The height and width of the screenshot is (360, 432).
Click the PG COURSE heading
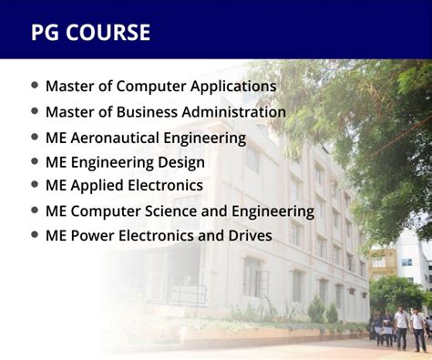tap(90, 33)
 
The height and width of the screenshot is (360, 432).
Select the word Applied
tap(98, 186)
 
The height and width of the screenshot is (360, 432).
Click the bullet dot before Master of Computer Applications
tap(36, 86)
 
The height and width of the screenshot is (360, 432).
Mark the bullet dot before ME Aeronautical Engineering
tap(36, 137)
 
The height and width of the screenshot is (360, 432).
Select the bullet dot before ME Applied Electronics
tap(36, 185)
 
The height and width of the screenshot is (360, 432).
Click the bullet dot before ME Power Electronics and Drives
tap(36, 235)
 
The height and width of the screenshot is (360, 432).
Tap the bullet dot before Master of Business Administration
tap(36, 111)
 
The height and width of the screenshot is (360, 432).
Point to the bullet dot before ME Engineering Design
tap(36, 161)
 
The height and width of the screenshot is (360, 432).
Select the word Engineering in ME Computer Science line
tap(273, 211)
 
